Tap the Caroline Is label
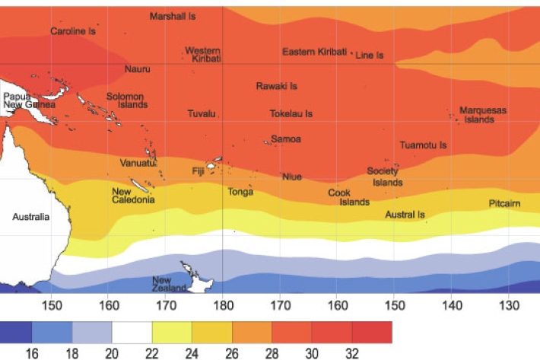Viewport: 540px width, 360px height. (73, 31)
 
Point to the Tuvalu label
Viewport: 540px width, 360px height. (202, 113)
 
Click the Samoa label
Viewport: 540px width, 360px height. (286, 139)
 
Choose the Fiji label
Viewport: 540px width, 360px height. (199, 170)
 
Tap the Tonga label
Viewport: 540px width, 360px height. (240, 192)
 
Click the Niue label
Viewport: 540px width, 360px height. (292, 177)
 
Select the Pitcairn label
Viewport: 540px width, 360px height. (504, 203)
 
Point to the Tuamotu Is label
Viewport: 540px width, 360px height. (423, 145)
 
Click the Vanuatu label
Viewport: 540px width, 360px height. (137, 163)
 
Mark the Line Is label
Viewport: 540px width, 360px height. (370, 56)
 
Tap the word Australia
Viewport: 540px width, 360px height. (30, 217)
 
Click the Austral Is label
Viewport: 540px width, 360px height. (405, 215)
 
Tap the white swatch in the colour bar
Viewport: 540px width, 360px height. (132, 332)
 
